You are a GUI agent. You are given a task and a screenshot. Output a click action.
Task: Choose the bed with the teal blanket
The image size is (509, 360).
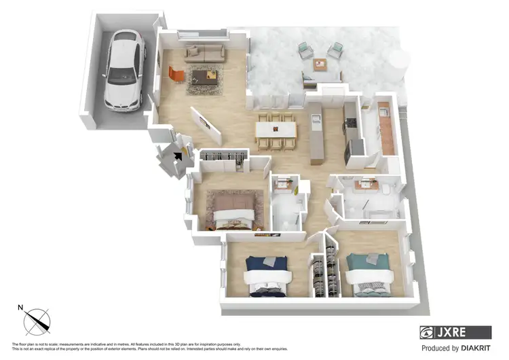tap(369, 271)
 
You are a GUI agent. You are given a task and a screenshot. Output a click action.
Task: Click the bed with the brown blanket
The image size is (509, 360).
tap(233, 206)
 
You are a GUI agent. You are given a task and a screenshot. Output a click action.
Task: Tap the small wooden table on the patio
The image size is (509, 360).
tap(319, 65)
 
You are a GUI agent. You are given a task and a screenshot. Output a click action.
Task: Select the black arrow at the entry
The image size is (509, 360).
tap(178, 157)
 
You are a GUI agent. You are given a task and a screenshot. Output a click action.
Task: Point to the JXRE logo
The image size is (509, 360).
tap(455, 332)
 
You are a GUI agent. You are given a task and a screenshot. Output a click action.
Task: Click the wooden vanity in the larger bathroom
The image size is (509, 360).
tap(369, 183)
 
